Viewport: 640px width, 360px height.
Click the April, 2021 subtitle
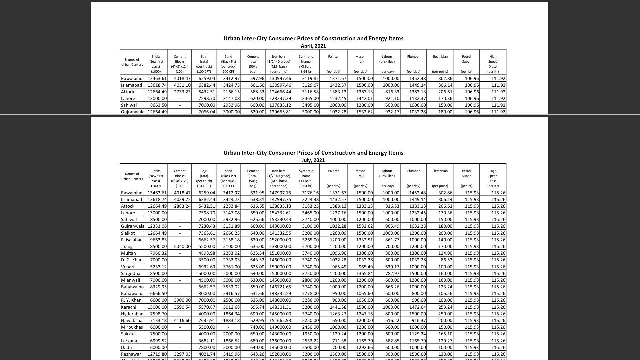[313, 46]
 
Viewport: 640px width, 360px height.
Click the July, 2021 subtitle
[313, 160]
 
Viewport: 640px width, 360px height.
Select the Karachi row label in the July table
[129, 307]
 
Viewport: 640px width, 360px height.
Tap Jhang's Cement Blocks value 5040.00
[182, 247]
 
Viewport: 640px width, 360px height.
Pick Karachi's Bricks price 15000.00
[157, 307]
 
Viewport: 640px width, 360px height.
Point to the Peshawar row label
[131, 354]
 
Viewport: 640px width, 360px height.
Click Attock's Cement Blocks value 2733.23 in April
[182, 92]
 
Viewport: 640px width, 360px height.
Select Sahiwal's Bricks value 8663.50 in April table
[158, 105]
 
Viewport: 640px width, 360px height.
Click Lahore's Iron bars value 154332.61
[280, 213]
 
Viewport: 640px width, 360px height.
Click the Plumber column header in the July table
[413, 171]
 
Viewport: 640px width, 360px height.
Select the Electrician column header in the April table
[440, 57]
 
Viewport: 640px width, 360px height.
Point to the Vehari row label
[128, 267]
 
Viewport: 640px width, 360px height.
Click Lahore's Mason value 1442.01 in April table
[364, 99]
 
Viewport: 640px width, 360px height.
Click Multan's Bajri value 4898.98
[207, 253]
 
